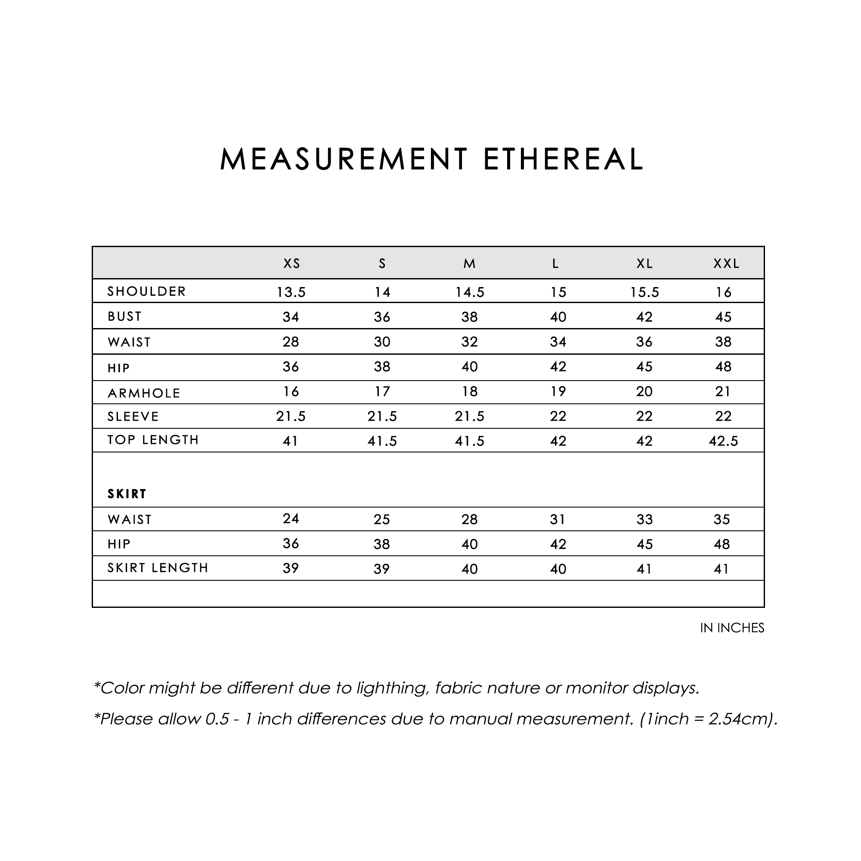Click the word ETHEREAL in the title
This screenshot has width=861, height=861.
click(x=563, y=159)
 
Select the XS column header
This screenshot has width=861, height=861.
click(x=292, y=264)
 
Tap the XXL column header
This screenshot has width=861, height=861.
click(x=726, y=264)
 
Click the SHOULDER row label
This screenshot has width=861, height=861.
click(x=146, y=291)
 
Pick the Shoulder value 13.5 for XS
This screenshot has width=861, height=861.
click(x=291, y=292)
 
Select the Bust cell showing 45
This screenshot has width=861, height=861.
click(x=723, y=317)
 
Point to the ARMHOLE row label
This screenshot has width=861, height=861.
click(x=144, y=393)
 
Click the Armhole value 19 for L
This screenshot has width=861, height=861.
click(x=558, y=392)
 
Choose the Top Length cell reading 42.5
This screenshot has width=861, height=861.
click(x=723, y=441)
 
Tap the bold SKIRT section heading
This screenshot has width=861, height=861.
click(x=127, y=494)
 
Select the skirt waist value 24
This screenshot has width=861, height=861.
click(x=291, y=518)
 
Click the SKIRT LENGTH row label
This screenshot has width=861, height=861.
click(x=158, y=568)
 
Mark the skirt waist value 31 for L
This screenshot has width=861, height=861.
click(x=557, y=520)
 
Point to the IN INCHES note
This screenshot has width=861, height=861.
click(x=732, y=628)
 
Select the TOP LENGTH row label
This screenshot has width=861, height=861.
click(x=153, y=440)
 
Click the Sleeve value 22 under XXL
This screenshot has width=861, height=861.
click(x=723, y=416)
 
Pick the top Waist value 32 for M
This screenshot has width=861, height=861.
click(x=470, y=342)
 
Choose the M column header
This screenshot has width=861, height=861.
click(x=470, y=264)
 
